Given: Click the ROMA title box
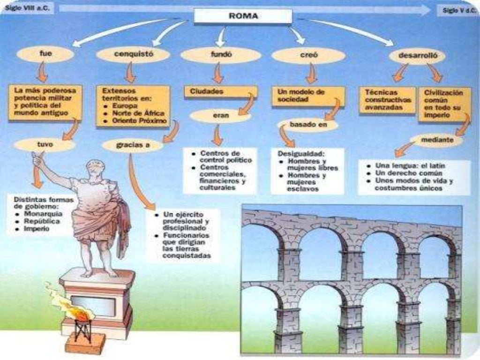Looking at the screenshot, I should click(x=242, y=15).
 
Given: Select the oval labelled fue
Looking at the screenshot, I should click(x=45, y=54).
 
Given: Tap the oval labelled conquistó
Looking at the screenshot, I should click(x=133, y=54).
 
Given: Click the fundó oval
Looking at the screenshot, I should click(x=220, y=55).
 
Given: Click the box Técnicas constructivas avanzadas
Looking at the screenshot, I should click(x=387, y=100).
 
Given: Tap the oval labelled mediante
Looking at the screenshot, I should click(x=436, y=140).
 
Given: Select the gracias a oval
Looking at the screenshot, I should click(x=133, y=145).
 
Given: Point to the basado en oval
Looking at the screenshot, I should click(x=307, y=125).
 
